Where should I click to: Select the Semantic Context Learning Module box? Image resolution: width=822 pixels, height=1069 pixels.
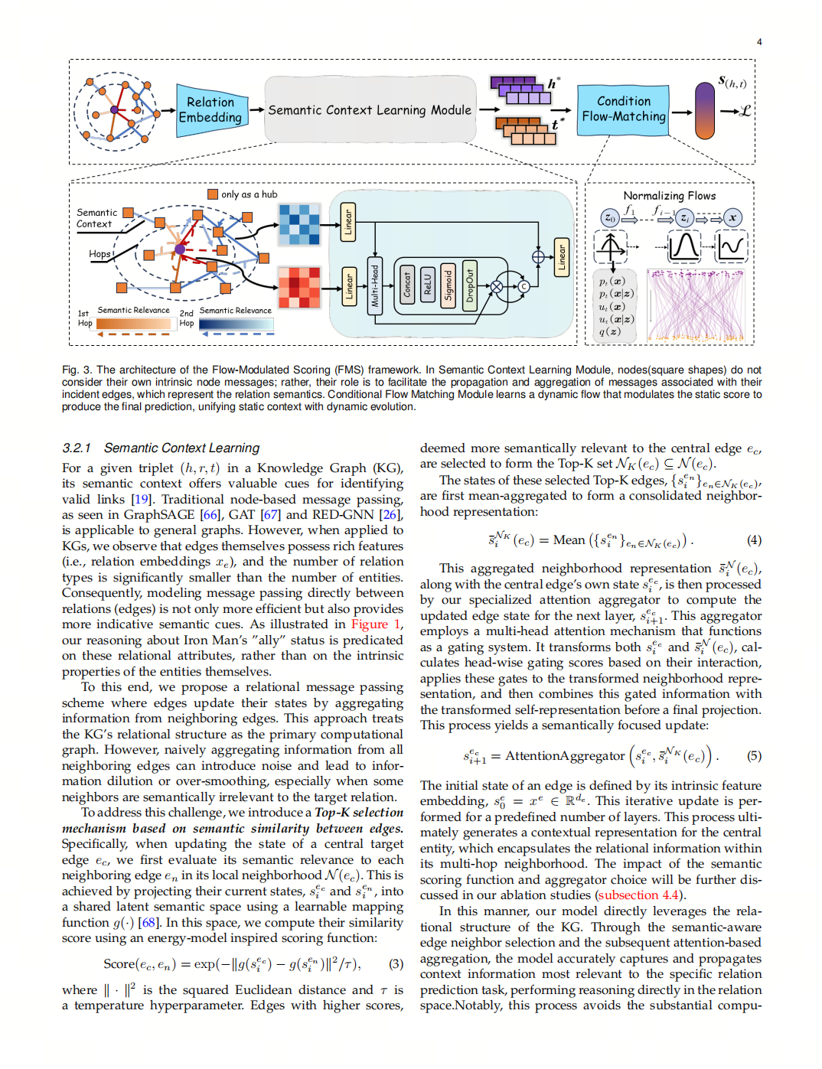click(x=370, y=109)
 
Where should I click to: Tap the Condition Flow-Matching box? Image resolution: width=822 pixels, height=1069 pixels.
click(x=623, y=109)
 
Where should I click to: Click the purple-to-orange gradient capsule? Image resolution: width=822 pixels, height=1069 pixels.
click(x=704, y=111)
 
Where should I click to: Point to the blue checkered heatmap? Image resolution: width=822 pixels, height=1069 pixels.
click(x=299, y=224)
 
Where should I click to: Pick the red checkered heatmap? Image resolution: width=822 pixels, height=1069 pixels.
click(x=299, y=287)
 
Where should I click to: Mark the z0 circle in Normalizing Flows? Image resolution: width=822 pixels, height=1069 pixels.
click(x=609, y=218)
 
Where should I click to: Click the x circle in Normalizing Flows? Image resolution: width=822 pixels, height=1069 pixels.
click(x=732, y=218)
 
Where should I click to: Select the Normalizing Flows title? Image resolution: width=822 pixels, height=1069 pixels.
click(x=670, y=196)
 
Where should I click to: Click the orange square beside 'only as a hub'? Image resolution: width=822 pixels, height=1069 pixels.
click(x=213, y=194)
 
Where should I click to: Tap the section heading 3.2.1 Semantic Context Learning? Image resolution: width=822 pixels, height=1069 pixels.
click(x=161, y=448)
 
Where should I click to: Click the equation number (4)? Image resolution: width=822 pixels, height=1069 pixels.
click(x=754, y=540)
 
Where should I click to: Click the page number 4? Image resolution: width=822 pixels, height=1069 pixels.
click(x=759, y=42)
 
